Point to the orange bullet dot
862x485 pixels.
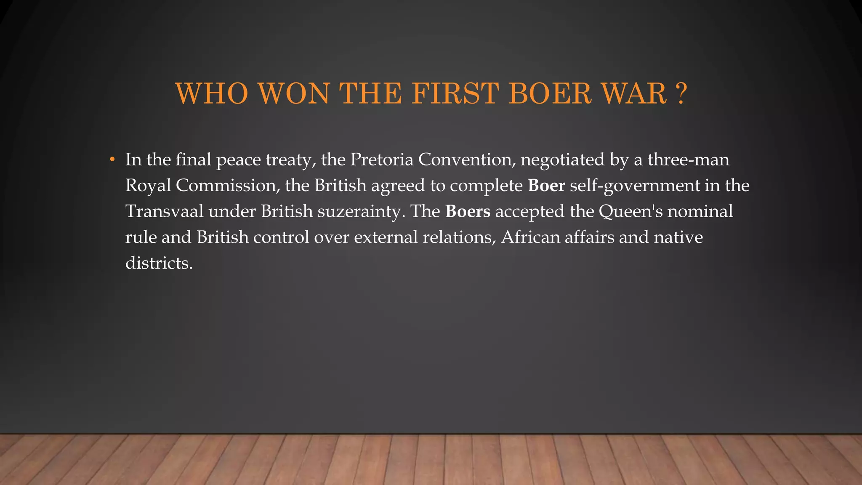[x=112, y=160]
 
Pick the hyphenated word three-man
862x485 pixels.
[x=688, y=160]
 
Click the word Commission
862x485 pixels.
[x=226, y=185]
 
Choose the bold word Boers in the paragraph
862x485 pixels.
[x=468, y=211]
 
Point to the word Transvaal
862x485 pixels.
[x=164, y=211]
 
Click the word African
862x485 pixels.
[x=530, y=237]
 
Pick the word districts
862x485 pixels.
[x=159, y=263]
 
